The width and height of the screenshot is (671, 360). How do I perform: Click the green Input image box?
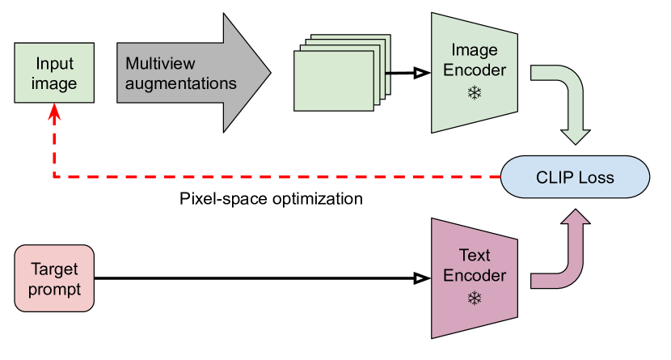coord(53,73)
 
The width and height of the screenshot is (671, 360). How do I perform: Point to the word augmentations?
coord(181,83)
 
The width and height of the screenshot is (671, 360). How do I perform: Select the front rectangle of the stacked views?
coord(335,80)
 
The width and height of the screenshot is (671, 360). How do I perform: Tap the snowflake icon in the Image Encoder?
coord(474,93)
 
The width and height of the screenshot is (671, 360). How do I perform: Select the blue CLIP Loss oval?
coord(575,177)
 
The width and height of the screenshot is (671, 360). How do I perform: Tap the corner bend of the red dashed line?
coord(54,176)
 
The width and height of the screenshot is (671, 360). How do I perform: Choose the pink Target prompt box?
coord(54,278)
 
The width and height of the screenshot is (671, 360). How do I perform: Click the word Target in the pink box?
coord(54,269)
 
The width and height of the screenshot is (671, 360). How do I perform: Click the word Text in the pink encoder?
coord(475,256)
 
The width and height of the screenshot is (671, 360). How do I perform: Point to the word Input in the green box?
coord(54,63)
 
